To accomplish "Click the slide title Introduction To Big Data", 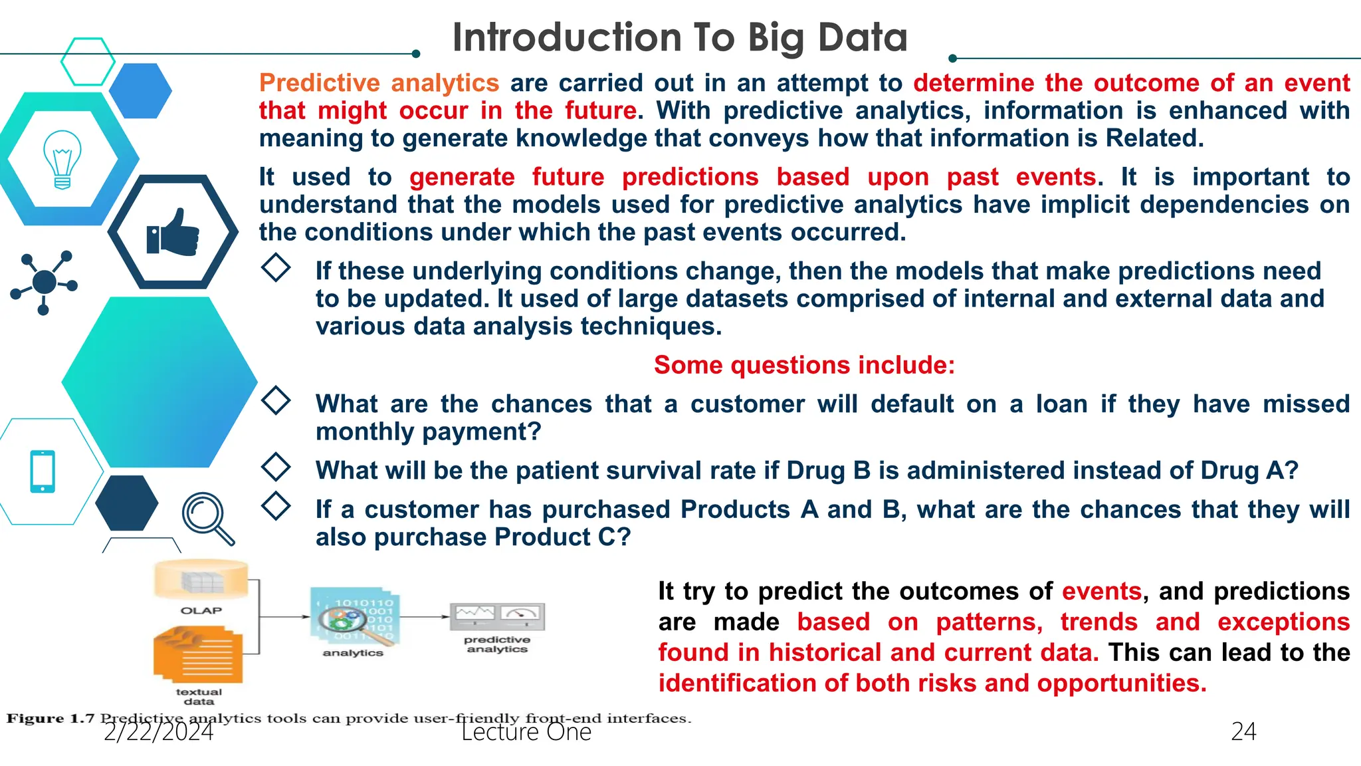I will click(x=679, y=37).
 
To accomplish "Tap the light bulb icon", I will click(x=62, y=160).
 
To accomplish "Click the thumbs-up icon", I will click(x=173, y=232).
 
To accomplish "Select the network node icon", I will click(x=44, y=282).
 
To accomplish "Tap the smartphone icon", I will click(x=43, y=471).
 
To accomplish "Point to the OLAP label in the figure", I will click(x=201, y=610).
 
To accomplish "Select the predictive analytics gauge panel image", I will click(x=497, y=616).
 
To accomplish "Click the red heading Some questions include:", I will click(x=804, y=365).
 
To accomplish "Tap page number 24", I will click(x=1243, y=731).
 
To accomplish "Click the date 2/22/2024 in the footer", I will click(x=158, y=732).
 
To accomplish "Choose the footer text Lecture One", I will click(x=526, y=732).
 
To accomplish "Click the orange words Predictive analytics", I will click(x=379, y=83).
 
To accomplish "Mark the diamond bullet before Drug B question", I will click(x=276, y=467).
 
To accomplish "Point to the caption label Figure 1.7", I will click(x=51, y=719).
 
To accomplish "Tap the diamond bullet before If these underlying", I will click(x=276, y=268).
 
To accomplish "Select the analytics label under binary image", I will click(x=353, y=653).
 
